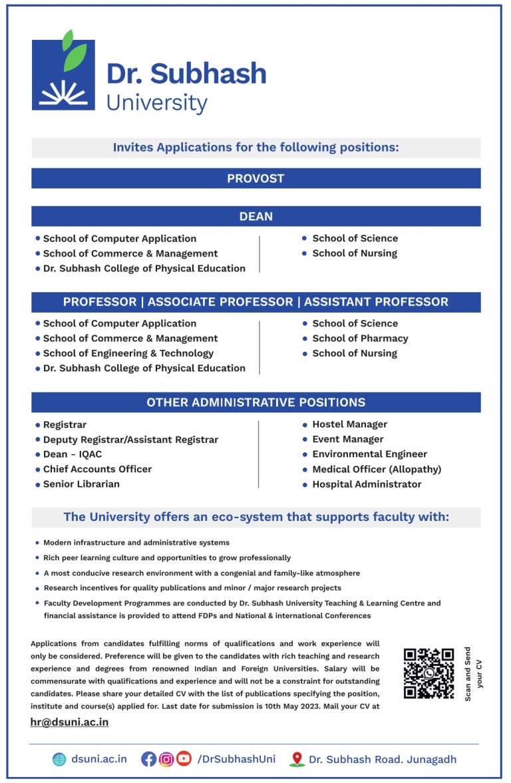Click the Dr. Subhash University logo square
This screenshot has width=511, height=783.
(63, 75)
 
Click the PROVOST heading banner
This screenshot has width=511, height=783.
(255, 178)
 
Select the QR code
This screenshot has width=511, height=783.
(428, 673)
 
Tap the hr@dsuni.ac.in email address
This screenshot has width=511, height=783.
(69, 722)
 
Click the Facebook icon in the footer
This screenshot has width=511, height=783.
(148, 759)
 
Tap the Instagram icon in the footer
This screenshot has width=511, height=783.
(166, 759)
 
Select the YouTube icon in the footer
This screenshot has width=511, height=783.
(184, 759)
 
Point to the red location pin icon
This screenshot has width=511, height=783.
(297, 759)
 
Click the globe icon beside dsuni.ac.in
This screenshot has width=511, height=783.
(60, 759)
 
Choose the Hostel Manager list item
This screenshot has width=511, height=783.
(349, 424)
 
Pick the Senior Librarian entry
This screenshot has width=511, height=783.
(81, 484)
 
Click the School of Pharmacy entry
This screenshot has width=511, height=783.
(360, 339)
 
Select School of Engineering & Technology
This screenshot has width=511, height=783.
(128, 353)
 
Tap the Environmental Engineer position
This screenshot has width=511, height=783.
(369, 454)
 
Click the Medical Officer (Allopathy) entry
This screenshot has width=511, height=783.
(377, 470)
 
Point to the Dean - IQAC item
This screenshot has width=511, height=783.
(73, 454)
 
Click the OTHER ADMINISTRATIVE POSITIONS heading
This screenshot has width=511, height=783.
(255, 402)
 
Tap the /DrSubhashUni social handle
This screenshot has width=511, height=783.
(236, 759)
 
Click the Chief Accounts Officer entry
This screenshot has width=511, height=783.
(97, 470)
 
